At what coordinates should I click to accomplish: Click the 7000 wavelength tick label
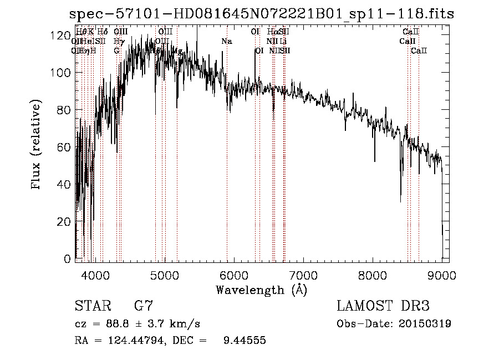pyautogui.click(x=303, y=275)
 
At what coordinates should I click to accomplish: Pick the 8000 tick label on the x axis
pyautogui.click(x=372, y=275)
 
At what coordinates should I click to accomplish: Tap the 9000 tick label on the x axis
pyautogui.click(x=441, y=275)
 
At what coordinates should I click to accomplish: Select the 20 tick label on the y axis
pyautogui.click(x=64, y=221)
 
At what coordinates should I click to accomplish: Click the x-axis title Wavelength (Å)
pyautogui.click(x=261, y=290)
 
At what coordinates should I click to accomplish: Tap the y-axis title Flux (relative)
pyautogui.click(x=37, y=145)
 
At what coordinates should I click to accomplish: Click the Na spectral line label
pyautogui.click(x=226, y=42)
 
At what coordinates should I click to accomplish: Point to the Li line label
pyautogui.click(x=283, y=42)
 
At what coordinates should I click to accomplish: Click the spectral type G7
pyautogui.click(x=144, y=306)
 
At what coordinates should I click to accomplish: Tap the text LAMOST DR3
pyautogui.click(x=383, y=306)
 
